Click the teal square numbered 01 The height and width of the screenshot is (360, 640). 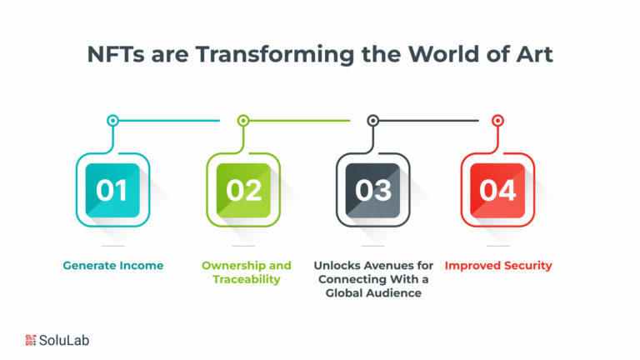112,190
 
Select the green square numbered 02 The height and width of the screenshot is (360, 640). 243,190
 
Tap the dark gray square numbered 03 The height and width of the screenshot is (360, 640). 372,190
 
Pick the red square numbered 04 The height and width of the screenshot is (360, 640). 497,190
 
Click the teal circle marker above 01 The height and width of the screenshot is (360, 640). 113,120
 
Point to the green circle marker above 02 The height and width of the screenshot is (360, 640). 243,120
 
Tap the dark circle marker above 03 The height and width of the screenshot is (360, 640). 372,120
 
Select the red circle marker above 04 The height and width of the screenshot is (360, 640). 497,120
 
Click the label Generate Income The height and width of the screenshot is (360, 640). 113,266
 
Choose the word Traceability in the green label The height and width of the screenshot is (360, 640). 247,280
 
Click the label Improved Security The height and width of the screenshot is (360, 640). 498,266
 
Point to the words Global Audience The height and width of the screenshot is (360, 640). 373,293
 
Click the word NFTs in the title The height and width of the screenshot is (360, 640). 116,54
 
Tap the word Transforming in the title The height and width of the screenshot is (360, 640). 275,55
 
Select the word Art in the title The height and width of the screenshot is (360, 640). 535,54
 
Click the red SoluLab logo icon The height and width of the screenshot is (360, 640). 31,340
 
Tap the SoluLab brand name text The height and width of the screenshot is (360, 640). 64,340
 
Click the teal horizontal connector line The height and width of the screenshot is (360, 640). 169,120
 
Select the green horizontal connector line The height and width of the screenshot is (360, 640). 300,120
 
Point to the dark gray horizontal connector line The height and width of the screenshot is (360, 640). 428,120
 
